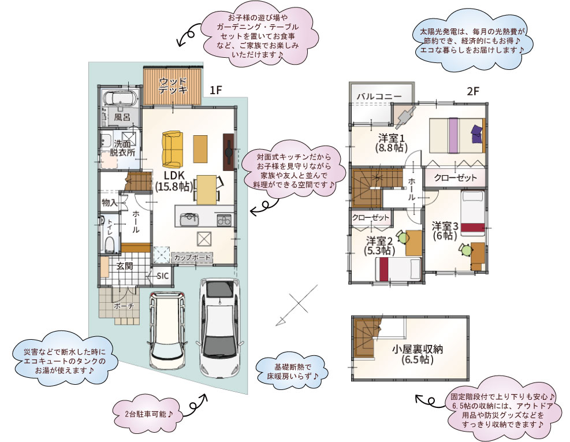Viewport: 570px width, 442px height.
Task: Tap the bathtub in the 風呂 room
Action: (120, 98)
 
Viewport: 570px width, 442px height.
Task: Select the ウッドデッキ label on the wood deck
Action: (173, 86)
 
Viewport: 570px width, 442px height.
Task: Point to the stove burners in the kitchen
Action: (224, 220)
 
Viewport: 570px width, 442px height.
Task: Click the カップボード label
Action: (192, 258)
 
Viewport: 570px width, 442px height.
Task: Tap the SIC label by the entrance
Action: (162, 276)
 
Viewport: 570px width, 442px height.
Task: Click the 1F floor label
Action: (215, 90)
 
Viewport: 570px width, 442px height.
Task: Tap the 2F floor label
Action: (472, 91)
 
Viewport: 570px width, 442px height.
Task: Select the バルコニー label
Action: (379, 96)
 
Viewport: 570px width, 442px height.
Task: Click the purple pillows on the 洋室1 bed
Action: (477, 134)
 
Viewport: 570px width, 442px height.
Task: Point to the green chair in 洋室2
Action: (402, 237)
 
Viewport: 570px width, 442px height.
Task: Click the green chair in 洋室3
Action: (465, 250)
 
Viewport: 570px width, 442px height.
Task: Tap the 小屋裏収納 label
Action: (418, 354)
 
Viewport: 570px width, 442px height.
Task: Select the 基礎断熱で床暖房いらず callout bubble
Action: (292, 371)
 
